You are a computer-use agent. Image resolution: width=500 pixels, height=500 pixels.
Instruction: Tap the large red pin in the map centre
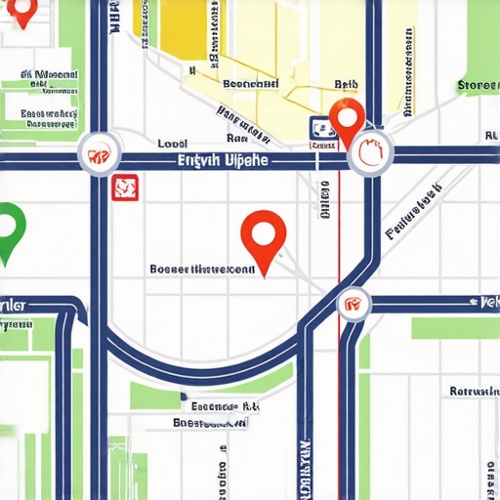(263, 235)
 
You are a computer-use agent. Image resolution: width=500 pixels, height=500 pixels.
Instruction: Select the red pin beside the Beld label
(346, 119)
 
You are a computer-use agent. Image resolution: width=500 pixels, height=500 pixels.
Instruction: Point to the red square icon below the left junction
(124, 187)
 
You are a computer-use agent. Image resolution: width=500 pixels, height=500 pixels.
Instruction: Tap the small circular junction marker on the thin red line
(353, 304)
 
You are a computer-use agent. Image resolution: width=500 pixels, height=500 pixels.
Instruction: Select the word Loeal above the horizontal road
(173, 144)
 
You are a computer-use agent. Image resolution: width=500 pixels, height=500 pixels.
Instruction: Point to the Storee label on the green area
(478, 86)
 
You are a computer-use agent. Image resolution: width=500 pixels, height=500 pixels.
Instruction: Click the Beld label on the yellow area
(347, 85)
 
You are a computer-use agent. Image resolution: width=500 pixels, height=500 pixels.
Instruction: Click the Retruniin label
(474, 391)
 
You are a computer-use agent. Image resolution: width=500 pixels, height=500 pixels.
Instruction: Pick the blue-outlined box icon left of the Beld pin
(320, 127)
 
